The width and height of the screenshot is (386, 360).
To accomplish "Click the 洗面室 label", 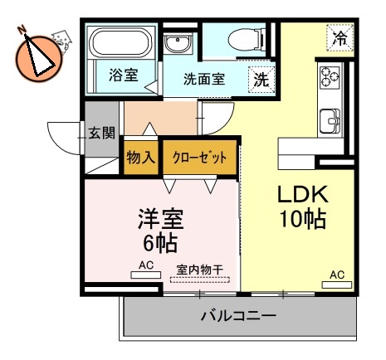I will [x=204, y=80].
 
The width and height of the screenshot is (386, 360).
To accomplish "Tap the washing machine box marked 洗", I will [x=261, y=80].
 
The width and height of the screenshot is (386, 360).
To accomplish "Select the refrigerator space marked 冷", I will [x=339, y=36].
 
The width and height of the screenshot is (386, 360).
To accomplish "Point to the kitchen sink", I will [x=332, y=122].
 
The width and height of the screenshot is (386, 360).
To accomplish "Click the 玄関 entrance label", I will [x=102, y=131].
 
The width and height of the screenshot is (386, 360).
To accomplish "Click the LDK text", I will [x=303, y=195].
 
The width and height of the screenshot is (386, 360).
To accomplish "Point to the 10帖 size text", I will [x=302, y=220].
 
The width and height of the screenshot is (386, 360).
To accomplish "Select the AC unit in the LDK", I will [x=336, y=282].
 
